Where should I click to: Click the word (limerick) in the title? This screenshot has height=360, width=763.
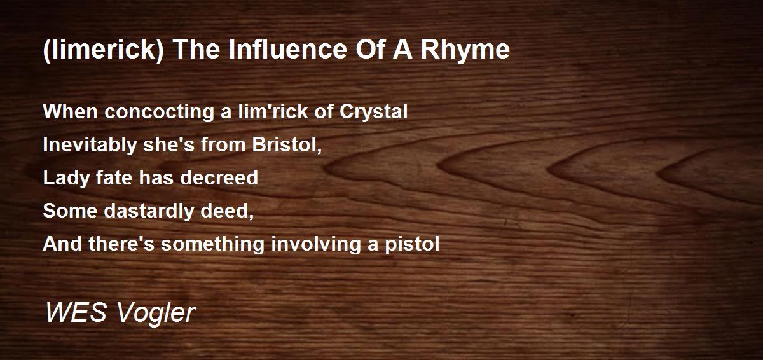[104, 50]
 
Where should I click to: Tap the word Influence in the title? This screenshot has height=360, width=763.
[288, 49]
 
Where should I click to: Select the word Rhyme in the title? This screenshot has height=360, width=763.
[465, 50]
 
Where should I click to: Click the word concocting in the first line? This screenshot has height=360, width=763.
[159, 112]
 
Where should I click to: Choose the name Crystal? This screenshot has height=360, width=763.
[373, 112]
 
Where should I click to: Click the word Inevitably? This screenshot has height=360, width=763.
[90, 145]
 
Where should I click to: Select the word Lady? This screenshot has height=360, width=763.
[66, 178]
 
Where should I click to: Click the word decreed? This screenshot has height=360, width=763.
[219, 178]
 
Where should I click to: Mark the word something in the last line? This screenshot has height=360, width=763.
[213, 244]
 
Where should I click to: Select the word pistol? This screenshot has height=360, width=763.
[412, 244]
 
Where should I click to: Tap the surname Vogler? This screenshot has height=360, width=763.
[156, 313]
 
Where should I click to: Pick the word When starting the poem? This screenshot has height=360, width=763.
[71, 111]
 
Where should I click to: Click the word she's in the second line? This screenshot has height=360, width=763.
[168, 144]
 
